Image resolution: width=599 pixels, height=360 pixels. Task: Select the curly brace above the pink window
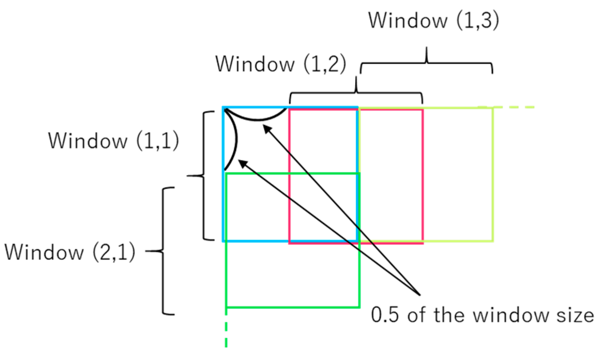[356, 93]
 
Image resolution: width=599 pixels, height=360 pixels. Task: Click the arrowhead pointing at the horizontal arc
[267, 128]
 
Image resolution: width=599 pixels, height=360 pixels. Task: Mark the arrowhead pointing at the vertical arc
[243, 164]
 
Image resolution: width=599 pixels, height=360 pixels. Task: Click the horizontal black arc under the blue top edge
[256, 119]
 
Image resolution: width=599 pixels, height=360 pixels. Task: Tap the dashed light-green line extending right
[513, 107]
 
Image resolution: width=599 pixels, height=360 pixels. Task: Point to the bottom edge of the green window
[293, 307]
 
